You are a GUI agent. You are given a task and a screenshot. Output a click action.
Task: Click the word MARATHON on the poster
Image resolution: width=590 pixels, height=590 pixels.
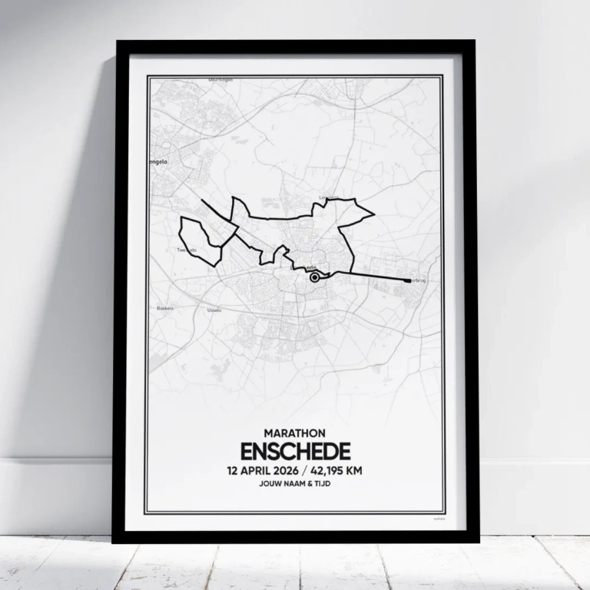[295, 434]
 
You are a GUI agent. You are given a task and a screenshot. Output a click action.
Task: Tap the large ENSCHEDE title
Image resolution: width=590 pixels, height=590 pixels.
[295, 451]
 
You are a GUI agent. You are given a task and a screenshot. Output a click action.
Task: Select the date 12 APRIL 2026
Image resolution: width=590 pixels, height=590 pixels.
[260, 469]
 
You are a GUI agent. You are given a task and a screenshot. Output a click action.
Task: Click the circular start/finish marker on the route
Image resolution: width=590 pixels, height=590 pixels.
[314, 279]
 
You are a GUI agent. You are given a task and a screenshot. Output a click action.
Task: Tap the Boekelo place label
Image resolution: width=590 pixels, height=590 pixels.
[165, 308]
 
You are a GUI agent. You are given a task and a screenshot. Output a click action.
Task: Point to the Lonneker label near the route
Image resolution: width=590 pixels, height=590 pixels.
[328, 197]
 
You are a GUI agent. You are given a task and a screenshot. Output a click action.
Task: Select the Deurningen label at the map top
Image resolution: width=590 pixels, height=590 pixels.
[220, 80]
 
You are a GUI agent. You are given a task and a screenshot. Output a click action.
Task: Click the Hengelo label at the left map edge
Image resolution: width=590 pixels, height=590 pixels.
[158, 162]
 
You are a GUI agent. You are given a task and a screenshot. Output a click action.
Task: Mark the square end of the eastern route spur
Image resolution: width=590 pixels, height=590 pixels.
[406, 280]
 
